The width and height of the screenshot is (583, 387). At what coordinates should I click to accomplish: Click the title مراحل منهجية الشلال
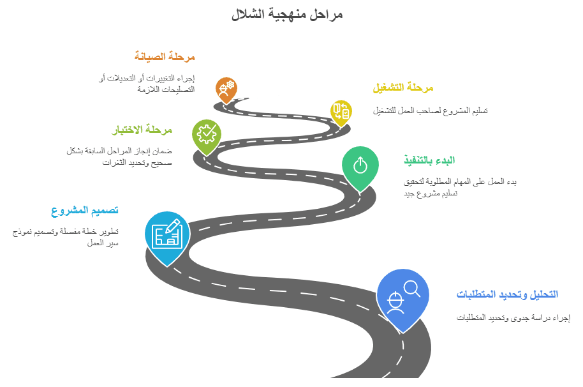(287, 14)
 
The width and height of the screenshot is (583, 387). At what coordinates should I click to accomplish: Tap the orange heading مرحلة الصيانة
(165, 57)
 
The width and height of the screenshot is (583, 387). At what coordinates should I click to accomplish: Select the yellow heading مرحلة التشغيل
(402, 87)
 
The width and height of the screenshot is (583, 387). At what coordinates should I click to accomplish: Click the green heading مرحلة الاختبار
(143, 130)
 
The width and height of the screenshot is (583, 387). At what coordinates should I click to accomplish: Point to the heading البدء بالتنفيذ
(429, 160)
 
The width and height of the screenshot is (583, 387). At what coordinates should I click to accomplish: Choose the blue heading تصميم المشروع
(85, 210)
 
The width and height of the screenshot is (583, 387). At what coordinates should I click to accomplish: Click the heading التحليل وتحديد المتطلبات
(506, 294)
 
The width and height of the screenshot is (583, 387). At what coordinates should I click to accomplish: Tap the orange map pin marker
(226, 88)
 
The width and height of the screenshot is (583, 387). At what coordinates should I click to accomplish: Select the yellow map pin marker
(341, 112)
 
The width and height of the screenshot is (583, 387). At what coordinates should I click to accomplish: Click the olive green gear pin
(206, 135)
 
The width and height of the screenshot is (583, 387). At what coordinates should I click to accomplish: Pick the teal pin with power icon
(360, 166)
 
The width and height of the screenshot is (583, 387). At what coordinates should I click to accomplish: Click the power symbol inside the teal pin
(360, 165)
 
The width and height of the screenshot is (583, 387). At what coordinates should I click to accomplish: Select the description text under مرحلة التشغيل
(431, 110)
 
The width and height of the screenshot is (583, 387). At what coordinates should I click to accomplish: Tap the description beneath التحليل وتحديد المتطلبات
(513, 317)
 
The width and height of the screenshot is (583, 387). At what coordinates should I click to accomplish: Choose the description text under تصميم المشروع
(66, 237)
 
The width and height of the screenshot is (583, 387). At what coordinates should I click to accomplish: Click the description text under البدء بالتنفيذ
(459, 187)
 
